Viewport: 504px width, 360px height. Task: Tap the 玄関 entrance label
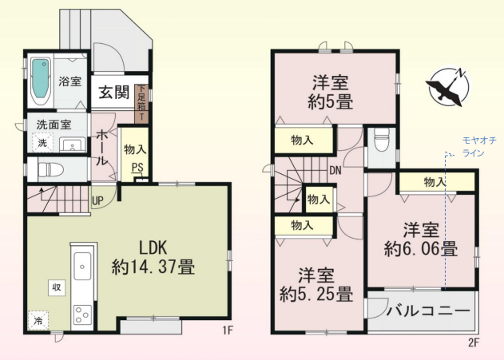pos(113,92)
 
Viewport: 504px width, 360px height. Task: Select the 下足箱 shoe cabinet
pos(141,104)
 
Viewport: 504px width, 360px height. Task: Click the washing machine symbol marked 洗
pos(42,143)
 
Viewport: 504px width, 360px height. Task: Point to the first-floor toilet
pos(46,169)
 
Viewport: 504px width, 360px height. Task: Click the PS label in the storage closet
pos(137,168)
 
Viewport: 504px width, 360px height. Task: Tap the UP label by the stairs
pos(97,200)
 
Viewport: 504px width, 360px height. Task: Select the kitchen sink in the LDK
pos(82,267)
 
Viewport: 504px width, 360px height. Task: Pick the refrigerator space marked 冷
pos(38,320)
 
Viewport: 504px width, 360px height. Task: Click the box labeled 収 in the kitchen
pos(57,287)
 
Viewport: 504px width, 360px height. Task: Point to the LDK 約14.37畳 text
pos(153,258)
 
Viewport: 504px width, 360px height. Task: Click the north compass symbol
pos(448,86)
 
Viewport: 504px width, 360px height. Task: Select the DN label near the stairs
pos(335,170)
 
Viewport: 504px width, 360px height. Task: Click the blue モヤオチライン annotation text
pos(479,146)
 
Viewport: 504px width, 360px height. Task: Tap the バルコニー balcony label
pos(428,311)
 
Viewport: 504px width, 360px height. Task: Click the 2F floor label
pos(474,343)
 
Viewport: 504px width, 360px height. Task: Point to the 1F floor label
pos(228,330)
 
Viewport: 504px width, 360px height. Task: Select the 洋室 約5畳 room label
pos(331,92)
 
